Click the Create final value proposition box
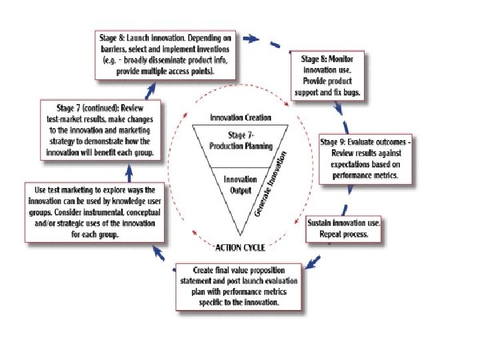click(239, 287)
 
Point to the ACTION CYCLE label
click(240, 247)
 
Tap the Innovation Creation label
click(241, 118)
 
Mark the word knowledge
click(111, 201)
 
